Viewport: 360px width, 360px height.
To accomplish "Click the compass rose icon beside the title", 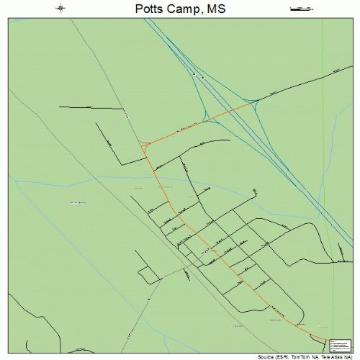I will click(61, 9).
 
